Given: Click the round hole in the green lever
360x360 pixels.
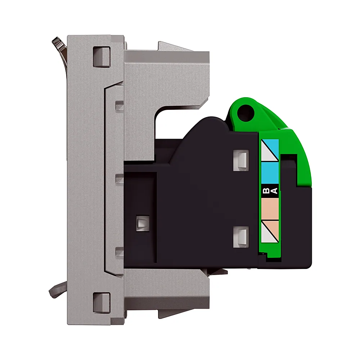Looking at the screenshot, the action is (x=246, y=112).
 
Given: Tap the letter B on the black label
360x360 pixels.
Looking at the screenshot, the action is (x=266, y=190).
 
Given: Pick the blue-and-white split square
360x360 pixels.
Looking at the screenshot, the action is (x=270, y=150).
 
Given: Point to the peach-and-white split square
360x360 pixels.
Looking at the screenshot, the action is (x=270, y=231).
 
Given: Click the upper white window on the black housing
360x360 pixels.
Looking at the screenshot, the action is (x=241, y=160).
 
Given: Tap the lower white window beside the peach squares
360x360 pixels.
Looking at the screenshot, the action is (x=241, y=237).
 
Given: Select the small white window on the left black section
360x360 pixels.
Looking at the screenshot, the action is (x=143, y=223).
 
